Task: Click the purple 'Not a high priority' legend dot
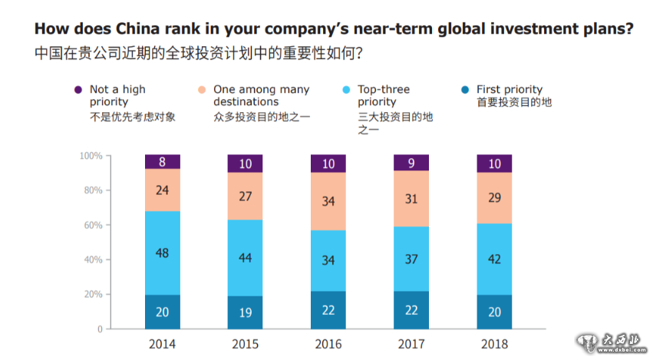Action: [78, 90]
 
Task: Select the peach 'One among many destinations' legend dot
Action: [203, 90]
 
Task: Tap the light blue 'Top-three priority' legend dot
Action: [346, 90]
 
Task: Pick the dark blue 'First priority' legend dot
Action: [465, 90]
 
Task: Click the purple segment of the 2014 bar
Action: [163, 162]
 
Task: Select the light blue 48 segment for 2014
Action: [163, 253]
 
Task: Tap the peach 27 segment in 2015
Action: [246, 196]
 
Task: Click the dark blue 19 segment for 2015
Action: [246, 312]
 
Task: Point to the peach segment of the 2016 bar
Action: [328, 201]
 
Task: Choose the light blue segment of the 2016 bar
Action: [328, 260]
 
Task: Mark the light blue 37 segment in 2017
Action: [411, 259]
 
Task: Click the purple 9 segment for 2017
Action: [411, 162]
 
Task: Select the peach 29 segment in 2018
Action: [495, 198]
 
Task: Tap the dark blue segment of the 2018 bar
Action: [495, 312]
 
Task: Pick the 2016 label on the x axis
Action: [328, 344]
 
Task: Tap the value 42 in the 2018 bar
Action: [495, 259]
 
